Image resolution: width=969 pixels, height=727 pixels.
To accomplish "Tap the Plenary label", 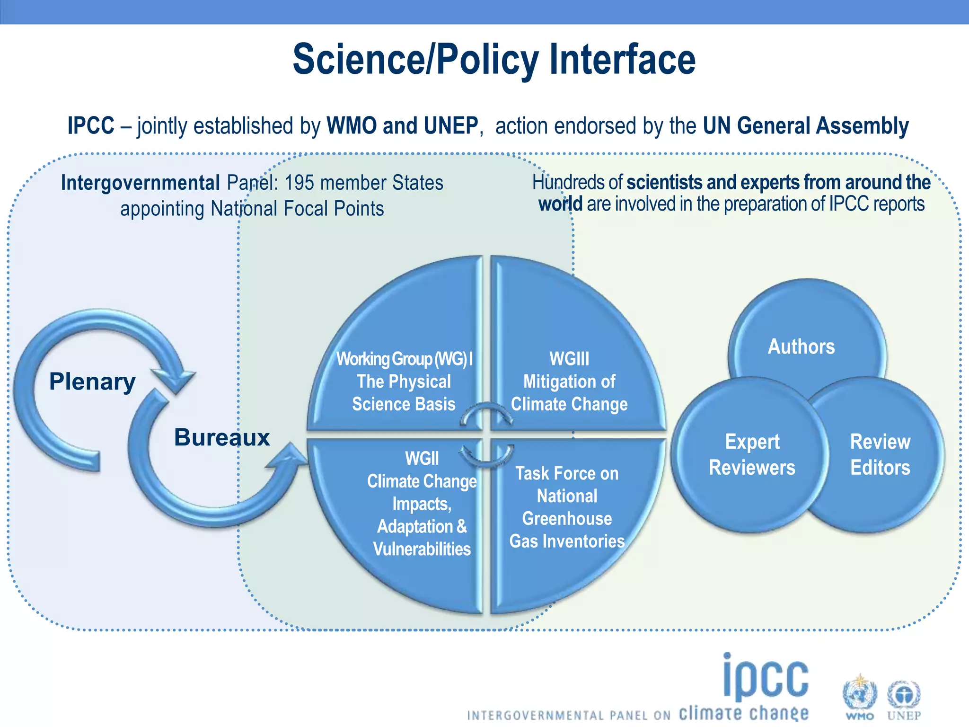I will (x=92, y=381).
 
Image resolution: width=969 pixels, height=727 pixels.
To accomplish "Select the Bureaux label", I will (x=221, y=437).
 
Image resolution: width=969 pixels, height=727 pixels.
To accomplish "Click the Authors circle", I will (x=801, y=346).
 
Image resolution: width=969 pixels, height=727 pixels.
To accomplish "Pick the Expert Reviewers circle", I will (x=752, y=454).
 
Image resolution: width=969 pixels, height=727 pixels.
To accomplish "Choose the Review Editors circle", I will (x=880, y=454).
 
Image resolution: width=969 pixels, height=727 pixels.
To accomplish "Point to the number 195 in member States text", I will (x=300, y=183).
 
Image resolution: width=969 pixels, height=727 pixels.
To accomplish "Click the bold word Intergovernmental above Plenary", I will (x=140, y=183).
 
